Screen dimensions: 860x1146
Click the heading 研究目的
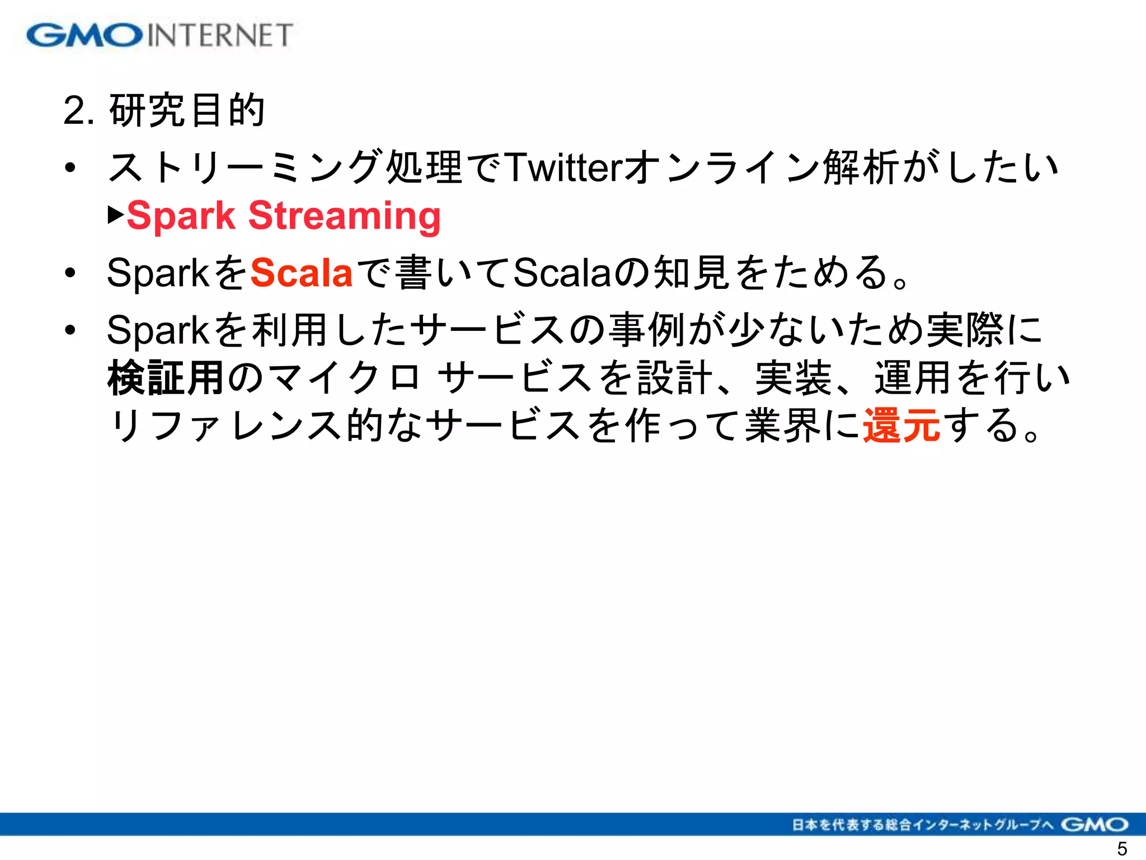pos(187,110)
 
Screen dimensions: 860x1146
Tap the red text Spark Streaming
pos(284,216)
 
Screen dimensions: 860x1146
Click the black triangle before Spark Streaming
pos(116,214)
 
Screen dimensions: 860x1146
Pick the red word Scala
pos(301,273)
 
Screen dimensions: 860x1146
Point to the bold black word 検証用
pos(166,378)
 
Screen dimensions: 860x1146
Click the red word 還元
pos(901,426)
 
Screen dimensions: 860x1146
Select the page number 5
pos(1122,849)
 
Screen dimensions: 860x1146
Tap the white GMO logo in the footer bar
pos(1095,825)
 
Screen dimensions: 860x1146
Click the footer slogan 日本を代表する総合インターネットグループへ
pos(922,825)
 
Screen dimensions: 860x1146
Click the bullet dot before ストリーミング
pos(70,167)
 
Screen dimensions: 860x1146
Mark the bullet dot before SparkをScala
pos(70,273)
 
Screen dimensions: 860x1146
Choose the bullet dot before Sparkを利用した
pos(70,330)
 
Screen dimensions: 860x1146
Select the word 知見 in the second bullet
pos(692,273)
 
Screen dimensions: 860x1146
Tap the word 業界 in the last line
pos(783,426)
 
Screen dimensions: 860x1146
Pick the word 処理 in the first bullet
pos(424,167)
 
